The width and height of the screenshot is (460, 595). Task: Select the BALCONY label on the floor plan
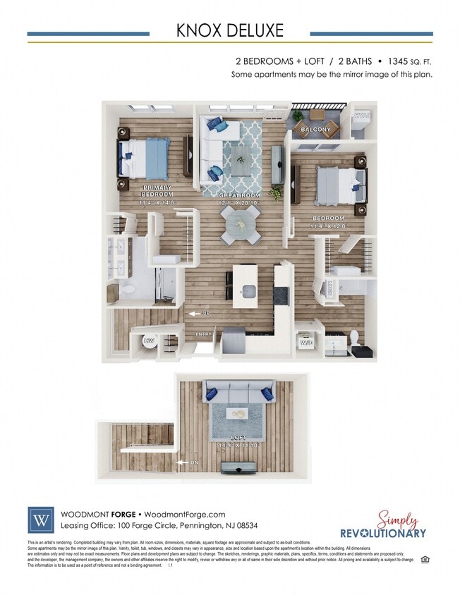315,130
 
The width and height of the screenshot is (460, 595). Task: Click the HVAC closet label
362,115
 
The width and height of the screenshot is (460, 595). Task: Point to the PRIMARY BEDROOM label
157,191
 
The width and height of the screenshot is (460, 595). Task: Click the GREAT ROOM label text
241,195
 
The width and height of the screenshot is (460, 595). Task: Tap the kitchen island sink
248,291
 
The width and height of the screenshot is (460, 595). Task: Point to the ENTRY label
203,334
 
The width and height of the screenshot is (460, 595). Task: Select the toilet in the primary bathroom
126,290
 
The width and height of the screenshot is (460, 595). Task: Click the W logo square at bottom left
40,520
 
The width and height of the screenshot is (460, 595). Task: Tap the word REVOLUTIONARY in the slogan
383,533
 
